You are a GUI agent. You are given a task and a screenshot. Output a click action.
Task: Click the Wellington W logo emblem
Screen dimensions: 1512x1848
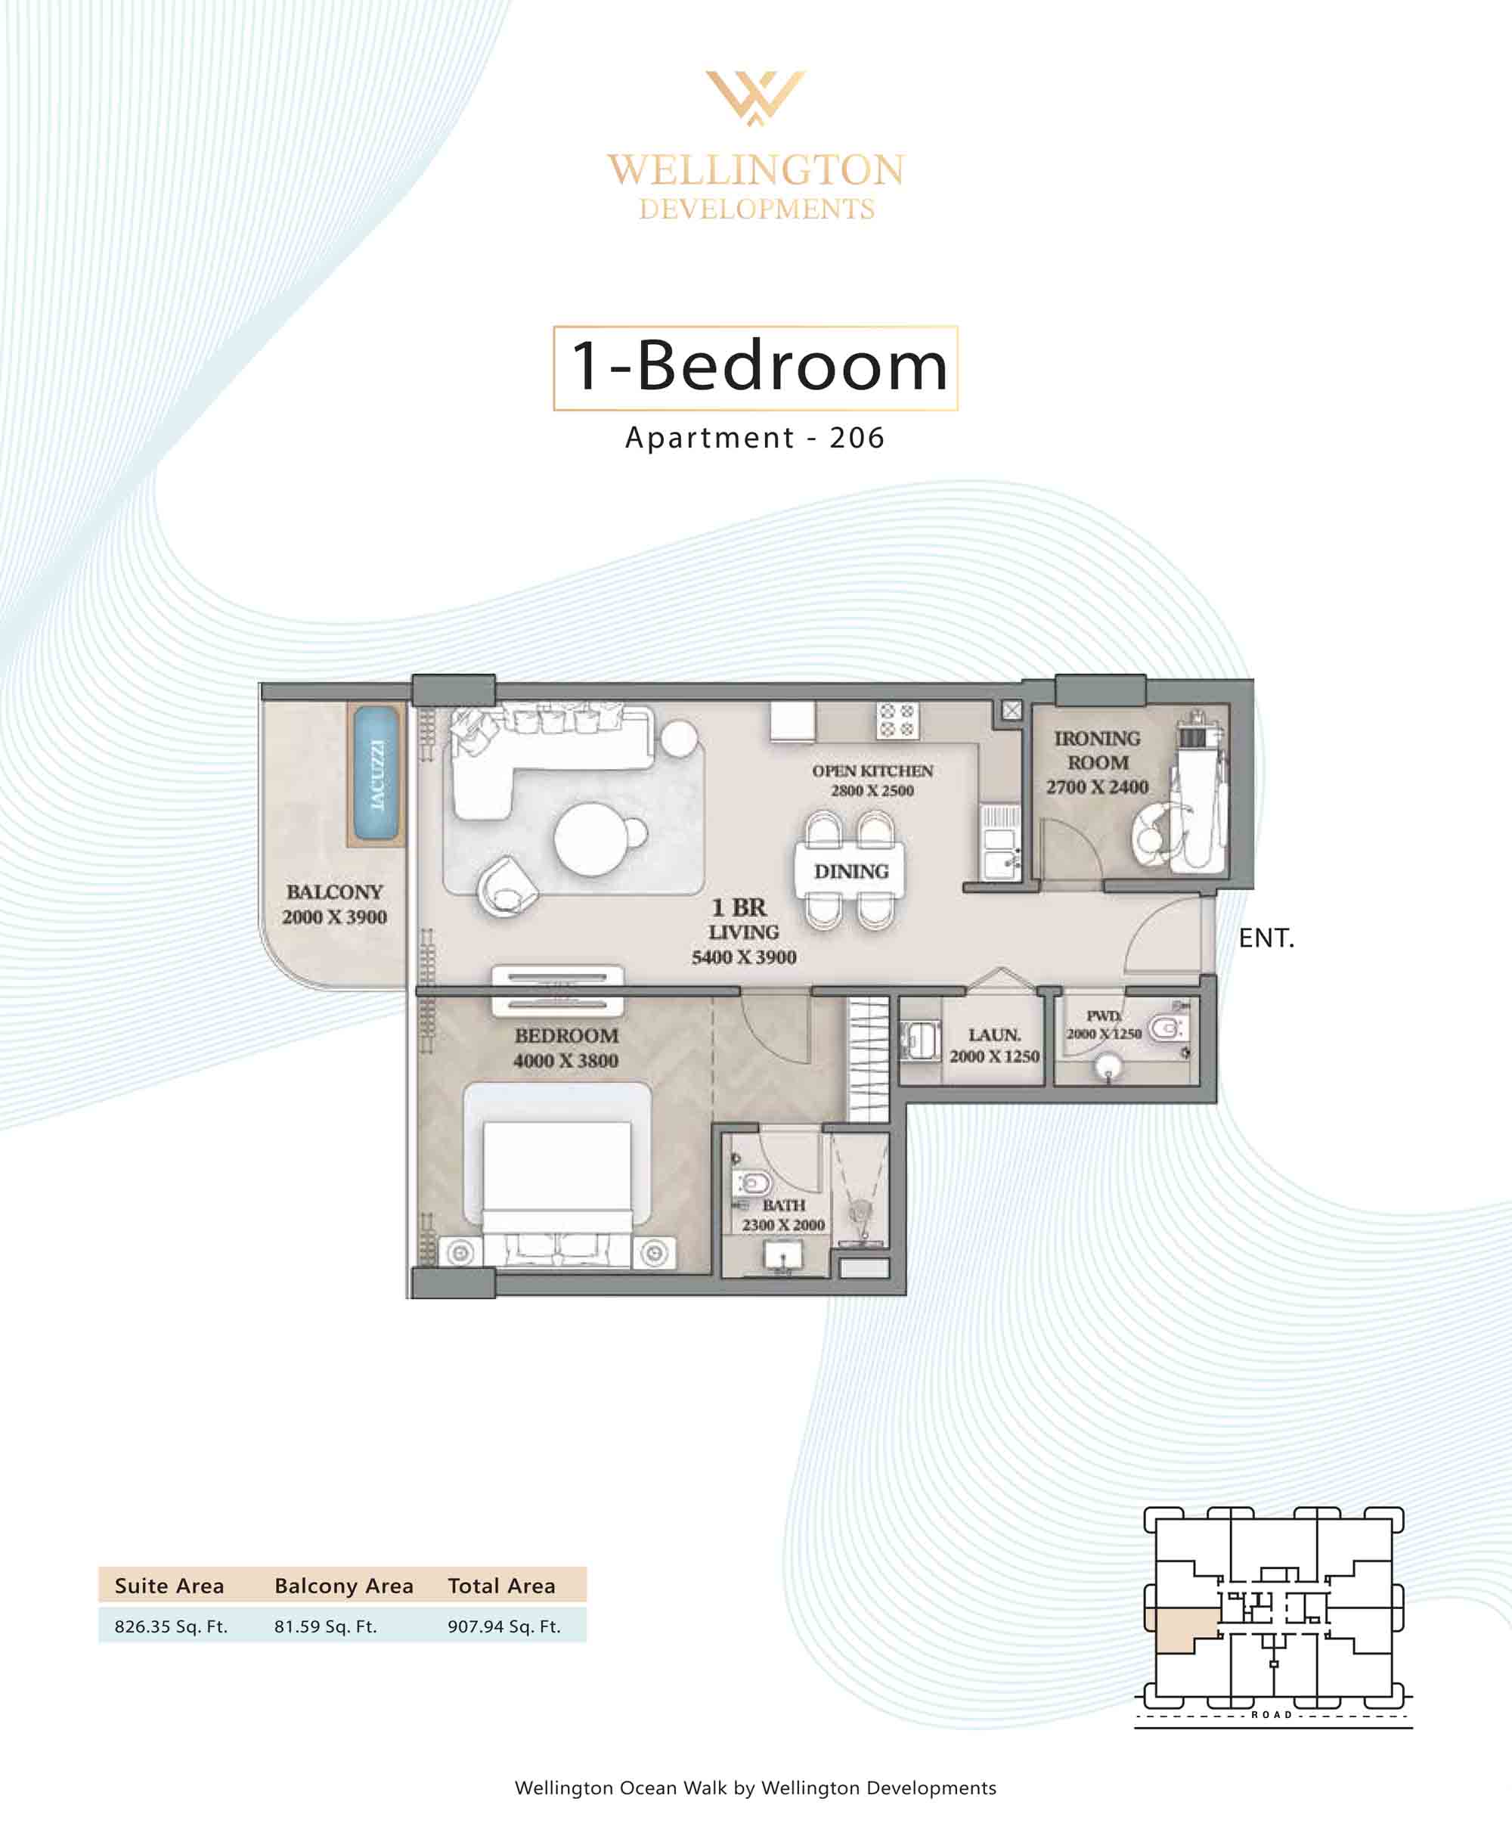point(755,98)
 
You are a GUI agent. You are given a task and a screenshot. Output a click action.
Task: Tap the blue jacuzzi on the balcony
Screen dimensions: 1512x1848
point(376,774)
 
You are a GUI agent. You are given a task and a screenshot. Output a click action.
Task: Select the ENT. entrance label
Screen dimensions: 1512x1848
point(1266,938)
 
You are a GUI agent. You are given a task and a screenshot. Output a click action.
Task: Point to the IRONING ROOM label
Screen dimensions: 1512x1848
point(1098,750)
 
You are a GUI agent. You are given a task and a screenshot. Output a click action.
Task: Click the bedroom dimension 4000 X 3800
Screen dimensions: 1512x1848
point(565,1060)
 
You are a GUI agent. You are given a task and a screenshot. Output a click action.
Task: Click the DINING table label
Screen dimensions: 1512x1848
point(851,871)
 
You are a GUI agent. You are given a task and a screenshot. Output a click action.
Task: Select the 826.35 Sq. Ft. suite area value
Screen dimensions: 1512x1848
point(171,1626)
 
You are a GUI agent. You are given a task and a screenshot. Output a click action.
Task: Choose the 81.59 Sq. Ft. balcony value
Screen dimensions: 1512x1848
point(326,1626)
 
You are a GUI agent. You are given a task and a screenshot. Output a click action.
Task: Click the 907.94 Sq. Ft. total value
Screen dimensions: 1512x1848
point(504,1626)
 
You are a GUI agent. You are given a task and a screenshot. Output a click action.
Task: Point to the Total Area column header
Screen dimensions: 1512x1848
point(502,1586)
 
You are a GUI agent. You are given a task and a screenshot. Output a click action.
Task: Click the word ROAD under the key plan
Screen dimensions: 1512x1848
point(1272,1715)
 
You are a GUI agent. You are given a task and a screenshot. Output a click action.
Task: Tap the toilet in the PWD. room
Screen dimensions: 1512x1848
point(1165,1028)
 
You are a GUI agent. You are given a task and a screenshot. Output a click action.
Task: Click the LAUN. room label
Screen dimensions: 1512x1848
point(995,1034)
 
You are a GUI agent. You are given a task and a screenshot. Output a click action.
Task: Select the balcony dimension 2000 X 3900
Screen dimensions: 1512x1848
point(334,916)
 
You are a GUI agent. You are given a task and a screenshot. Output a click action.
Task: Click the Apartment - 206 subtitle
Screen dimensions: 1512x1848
point(755,437)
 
